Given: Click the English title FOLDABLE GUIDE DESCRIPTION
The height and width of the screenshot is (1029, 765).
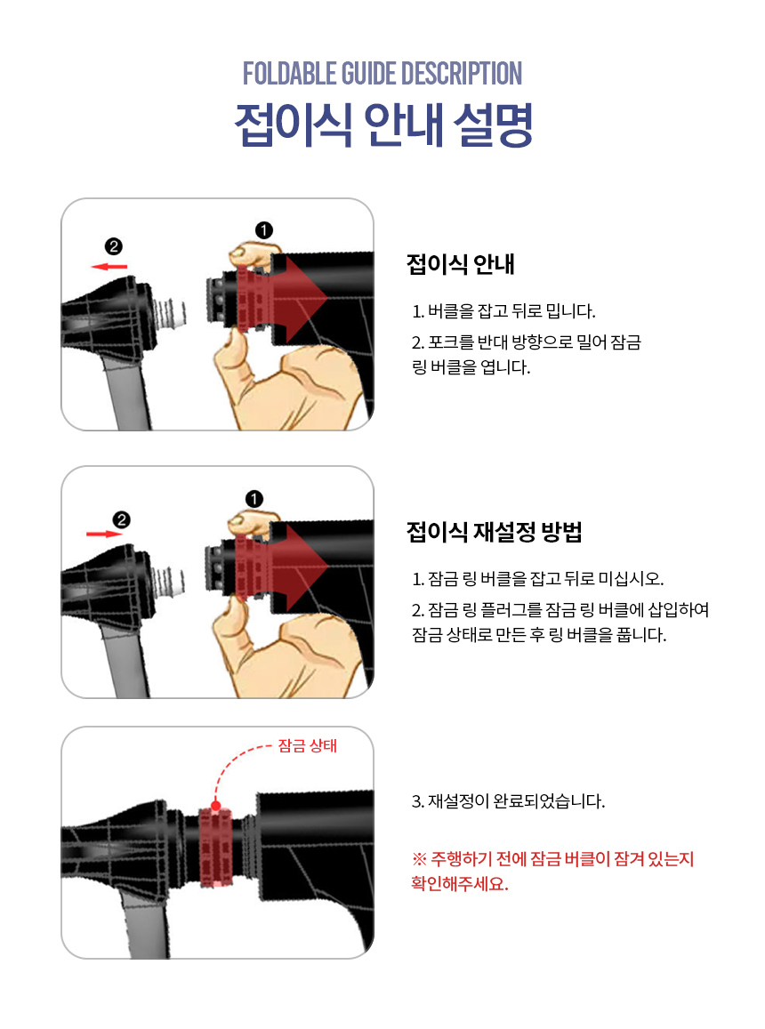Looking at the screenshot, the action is point(382,74).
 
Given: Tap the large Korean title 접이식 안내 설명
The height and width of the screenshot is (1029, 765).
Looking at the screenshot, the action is point(383,125).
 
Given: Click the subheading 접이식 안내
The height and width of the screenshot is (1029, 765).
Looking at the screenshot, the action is point(460,264).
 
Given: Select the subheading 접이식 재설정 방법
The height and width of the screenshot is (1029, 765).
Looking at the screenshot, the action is point(494,532).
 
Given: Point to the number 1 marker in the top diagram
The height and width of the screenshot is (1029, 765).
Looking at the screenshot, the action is point(264,230).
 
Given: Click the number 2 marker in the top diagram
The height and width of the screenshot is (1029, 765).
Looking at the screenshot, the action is point(114,246).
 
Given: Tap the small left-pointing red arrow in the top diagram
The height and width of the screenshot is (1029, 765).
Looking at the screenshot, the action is point(109,267).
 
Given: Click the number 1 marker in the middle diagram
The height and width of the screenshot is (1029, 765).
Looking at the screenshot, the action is point(254,500).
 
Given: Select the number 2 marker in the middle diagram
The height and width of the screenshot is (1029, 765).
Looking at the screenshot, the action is point(122,520).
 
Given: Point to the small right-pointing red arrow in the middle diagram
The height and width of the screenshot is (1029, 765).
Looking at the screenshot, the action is point(104,535).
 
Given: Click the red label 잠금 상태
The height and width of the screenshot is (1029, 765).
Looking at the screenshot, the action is point(307,745).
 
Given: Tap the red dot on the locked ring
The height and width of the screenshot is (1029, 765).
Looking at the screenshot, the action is point(216,805).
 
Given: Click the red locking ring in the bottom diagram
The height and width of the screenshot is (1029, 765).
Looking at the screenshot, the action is point(215,848).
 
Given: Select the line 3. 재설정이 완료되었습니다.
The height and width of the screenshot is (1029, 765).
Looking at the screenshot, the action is point(508,801).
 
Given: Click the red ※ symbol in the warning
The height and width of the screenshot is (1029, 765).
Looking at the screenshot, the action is point(419,859).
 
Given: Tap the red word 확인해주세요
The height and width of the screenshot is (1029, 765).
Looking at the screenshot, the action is point(460,884).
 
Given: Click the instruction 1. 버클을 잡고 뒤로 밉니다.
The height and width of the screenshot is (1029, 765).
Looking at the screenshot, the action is point(503,311).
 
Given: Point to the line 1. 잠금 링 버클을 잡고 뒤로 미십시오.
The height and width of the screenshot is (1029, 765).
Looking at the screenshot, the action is point(538,579).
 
